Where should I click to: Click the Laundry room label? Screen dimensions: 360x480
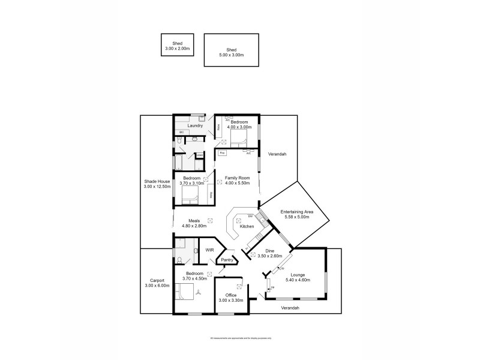(196, 125)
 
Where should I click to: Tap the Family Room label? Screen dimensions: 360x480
(237, 178)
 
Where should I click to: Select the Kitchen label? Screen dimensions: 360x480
(247, 226)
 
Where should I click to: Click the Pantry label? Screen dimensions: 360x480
(227, 260)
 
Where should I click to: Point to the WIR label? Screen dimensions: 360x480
(210, 249)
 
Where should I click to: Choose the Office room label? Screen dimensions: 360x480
(231, 295)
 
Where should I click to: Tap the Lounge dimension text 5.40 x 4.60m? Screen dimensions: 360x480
(298, 280)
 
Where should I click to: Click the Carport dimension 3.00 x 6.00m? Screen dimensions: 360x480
(157, 286)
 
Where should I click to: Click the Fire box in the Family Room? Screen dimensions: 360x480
(222, 154)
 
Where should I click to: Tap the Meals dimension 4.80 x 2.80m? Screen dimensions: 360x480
(194, 226)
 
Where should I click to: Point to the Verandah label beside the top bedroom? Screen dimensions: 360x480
(278, 154)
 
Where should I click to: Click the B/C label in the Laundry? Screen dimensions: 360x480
(181, 132)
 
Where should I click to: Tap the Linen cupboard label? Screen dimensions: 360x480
(199, 155)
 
